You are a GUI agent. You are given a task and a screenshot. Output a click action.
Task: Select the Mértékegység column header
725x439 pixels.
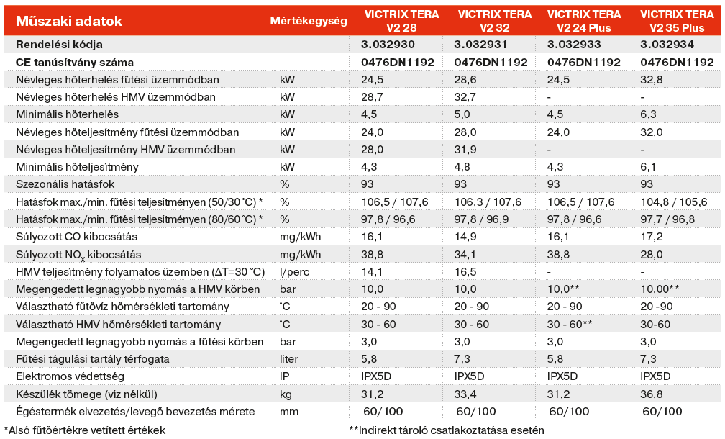tap(308, 22)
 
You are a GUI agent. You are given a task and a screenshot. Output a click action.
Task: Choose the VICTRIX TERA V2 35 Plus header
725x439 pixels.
tap(677, 22)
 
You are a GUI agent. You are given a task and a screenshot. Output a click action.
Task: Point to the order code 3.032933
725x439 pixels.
tap(574, 45)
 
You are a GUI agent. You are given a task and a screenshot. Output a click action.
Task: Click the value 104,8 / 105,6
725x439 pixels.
tap(677, 202)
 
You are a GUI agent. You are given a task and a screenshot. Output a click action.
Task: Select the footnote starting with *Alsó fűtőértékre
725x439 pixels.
tap(85, 430)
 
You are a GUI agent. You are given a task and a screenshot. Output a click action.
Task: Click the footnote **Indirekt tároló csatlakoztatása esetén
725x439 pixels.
tap(447, 430)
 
